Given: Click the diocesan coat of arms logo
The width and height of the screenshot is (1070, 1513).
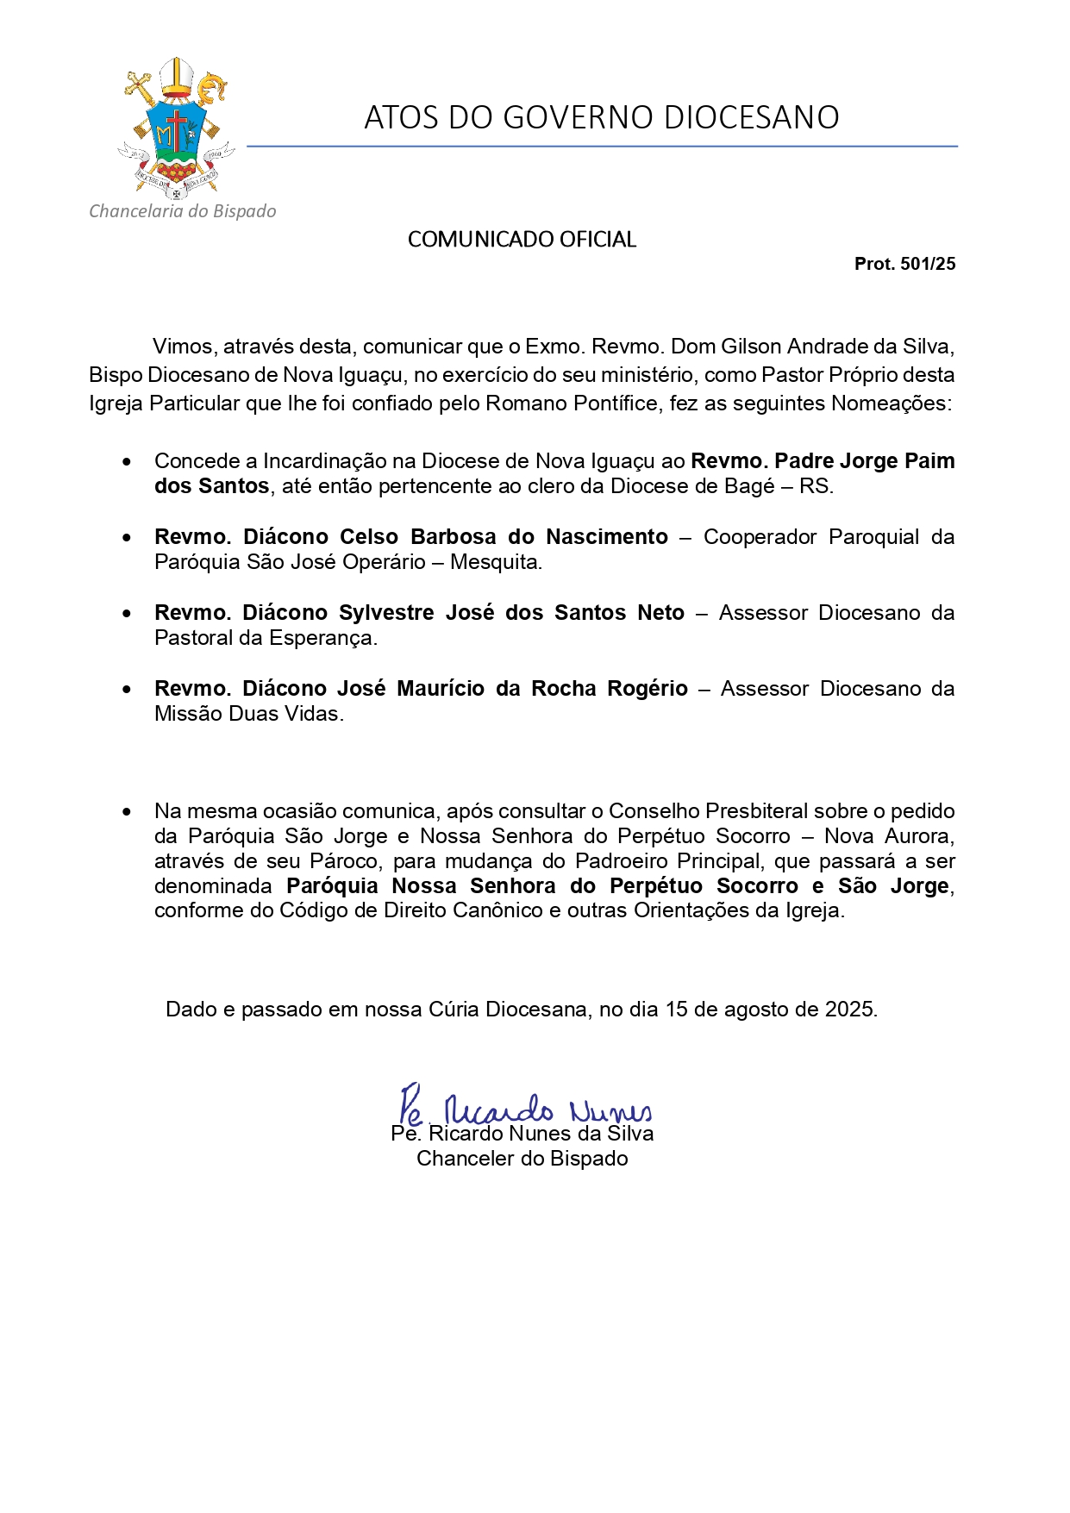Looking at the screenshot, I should (x=177, y=128).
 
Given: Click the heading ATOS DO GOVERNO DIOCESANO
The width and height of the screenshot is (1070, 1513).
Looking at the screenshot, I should (x=601, y=117).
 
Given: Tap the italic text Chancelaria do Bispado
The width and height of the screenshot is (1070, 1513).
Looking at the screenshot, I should (x=183, y=211).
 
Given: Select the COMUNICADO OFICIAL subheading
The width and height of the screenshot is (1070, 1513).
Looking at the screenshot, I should (x=522, y=240).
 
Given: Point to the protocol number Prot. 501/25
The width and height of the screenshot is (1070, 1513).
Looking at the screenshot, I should (x=904, y=264).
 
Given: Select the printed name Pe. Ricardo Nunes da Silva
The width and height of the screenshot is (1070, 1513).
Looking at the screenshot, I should (x=522, y=1135).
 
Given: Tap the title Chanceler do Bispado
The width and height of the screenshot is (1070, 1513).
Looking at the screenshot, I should (x=522, y=1159).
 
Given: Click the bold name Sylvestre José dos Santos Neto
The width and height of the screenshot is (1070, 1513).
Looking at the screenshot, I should (x=511, y=613).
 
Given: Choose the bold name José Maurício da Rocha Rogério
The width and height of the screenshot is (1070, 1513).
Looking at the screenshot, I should (x=512, y=689).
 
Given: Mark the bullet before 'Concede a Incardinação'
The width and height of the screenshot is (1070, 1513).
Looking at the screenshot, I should (x=128, y=462).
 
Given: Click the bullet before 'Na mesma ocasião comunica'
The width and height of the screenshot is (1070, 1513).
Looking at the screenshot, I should (x=128, y=812).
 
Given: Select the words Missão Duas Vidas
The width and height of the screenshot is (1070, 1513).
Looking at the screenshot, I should (x=248, y=714).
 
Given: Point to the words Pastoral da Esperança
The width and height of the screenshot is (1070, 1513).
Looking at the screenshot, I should (x=266, y=638).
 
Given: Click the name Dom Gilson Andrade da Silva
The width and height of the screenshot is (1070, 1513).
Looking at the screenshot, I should (x=810, y=347).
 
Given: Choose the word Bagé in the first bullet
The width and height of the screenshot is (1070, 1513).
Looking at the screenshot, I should (x=749, y=486).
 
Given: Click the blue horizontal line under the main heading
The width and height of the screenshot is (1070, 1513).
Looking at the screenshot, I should (x=602, y=147).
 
